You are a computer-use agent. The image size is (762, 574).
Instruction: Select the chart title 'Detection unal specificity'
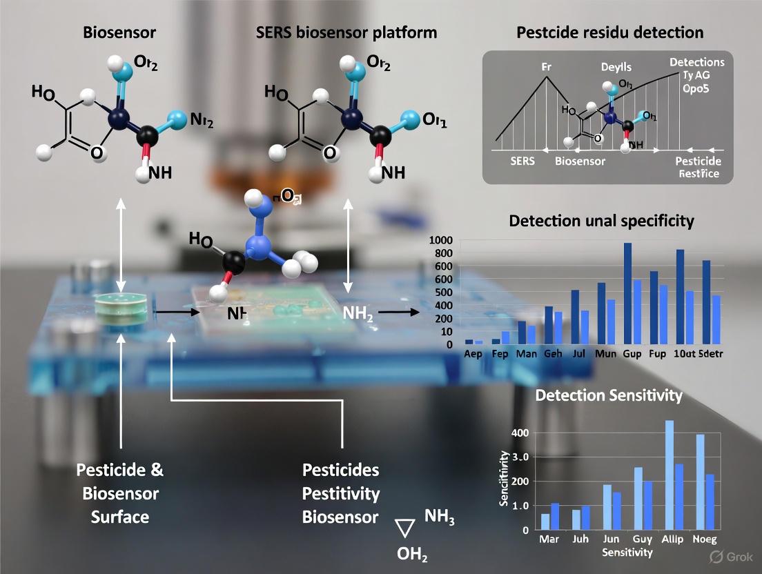[x=601, y=221]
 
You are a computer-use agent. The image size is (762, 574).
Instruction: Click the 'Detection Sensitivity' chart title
[x=609, y=395]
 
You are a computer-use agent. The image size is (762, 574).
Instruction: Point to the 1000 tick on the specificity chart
[x=440, y=240]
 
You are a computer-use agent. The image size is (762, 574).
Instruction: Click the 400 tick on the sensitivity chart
[x=519, y=433]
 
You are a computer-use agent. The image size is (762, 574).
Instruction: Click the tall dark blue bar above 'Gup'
[x=627, y=293]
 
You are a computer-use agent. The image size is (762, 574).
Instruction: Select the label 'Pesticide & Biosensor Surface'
[x=121, y=493]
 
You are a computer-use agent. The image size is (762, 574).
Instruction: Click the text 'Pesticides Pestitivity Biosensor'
[x=341, y=493]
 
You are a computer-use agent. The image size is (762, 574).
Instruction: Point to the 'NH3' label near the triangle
[x=440, y=516]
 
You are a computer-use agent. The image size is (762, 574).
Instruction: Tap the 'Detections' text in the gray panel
[x=696, y=62]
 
